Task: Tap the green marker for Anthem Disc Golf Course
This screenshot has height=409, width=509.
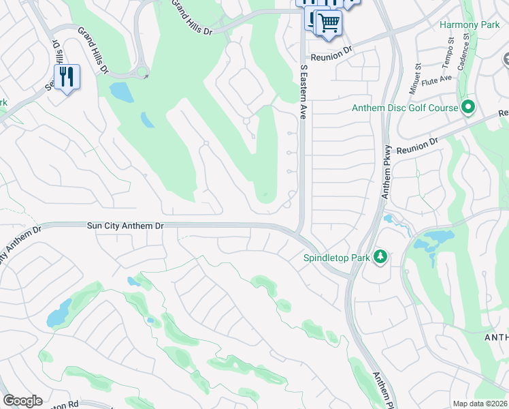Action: (x=468, y=107)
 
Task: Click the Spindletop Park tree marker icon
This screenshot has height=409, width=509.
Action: (x=380, y=258)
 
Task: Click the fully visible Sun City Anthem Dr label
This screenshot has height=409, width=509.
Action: (x=126, y=226)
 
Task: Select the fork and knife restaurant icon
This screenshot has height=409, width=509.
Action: (x=67, y=76)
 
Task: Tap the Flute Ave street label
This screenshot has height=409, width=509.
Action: (x=437, y=79)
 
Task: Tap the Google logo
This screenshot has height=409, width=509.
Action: (x=22, y=401)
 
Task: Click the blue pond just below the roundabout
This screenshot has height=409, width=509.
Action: (x=121, y=91)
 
